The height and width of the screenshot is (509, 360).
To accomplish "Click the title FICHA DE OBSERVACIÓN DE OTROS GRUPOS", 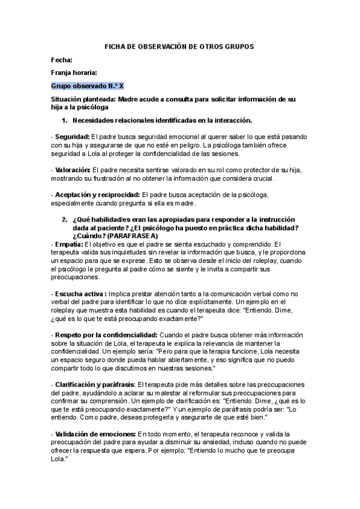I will pos(179,46).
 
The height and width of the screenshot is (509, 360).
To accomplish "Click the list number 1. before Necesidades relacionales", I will pos(65,120).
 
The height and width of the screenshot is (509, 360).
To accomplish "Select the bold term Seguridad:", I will pos(72,137).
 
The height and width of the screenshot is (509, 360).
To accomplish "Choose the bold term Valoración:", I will pos(73,170).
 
